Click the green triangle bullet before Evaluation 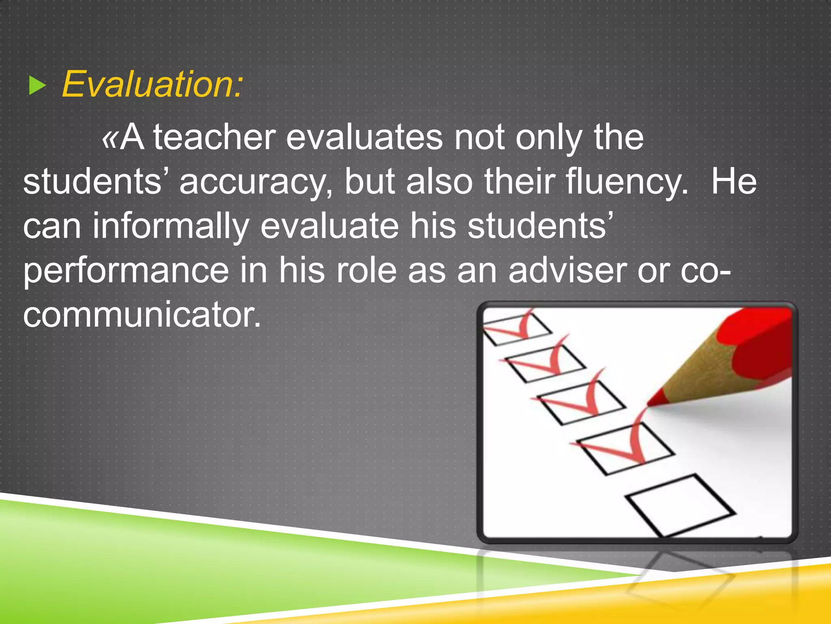point(38,86)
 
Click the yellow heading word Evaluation point(152,84)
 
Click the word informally point(170,226)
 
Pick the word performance point(126,271)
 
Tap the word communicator point(142,315)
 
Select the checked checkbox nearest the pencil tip point(625,449)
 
